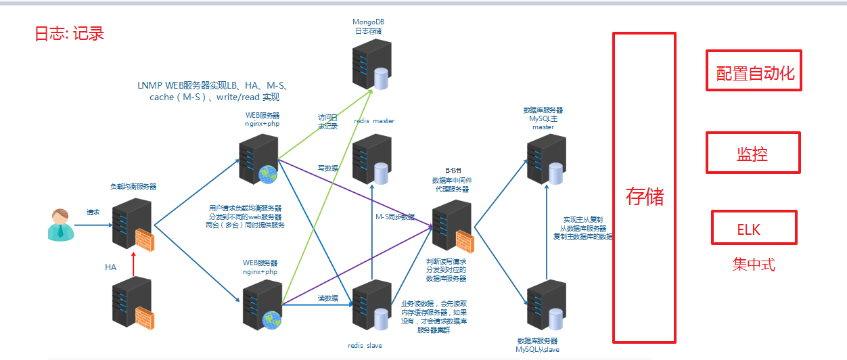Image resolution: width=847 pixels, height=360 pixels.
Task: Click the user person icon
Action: [58, 225]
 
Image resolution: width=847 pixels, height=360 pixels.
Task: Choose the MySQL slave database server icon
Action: [545, 306]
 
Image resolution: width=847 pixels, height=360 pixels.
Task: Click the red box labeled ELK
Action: [754, 227]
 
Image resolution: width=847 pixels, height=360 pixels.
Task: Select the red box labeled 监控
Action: [753, 152]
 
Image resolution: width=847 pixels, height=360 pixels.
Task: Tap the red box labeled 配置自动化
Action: [754, 70]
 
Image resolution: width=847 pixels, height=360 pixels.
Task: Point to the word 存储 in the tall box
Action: [645, 197]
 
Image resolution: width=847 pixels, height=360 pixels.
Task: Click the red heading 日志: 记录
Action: [70, 33]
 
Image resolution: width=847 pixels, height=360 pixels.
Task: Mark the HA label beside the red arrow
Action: [110, 267]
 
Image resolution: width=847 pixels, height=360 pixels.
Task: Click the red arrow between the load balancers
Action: [134, 264]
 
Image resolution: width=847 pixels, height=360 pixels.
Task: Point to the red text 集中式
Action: [754, 265]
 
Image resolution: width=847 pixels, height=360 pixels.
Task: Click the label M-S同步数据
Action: [395, 217]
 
